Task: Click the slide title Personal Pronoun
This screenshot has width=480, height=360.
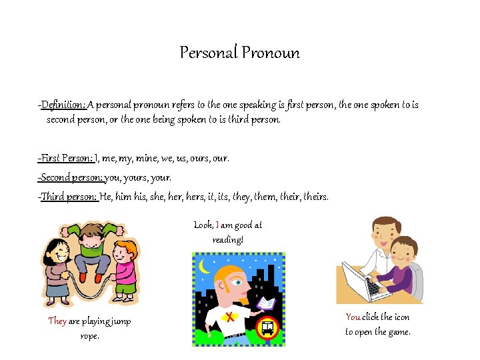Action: pos(239,53)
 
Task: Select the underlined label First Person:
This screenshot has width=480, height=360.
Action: pos(66,159)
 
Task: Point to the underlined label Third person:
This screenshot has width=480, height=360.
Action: pos(69,197)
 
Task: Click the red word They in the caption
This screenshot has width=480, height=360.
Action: pos(57,321)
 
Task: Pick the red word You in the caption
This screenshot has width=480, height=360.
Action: pos(353,317)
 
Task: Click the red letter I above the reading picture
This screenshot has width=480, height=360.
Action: pos(218,225)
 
